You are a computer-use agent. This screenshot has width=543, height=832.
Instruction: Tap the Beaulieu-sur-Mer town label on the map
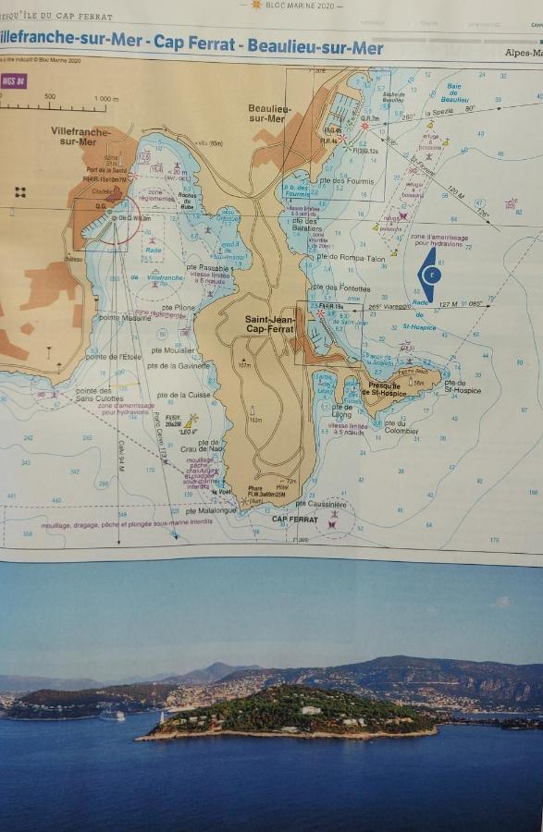[x=269, y=113]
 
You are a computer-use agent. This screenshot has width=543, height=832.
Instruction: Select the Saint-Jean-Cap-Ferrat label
[x=268, y=324]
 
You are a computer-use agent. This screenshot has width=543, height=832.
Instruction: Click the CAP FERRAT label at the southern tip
[x=294, y=519]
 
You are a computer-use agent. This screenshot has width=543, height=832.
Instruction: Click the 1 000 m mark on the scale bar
[x=106, y=99]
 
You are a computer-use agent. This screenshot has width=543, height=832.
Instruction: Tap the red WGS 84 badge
[x=14, y=81]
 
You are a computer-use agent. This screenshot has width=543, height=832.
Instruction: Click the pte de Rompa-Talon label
[x=350, y=258]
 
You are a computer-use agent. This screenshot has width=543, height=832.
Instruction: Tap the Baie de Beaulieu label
[x=455, y=93]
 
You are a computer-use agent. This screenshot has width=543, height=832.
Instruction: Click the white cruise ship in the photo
[x=112, y=715]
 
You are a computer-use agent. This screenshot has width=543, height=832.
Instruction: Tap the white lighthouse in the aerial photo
[x=160, y=716]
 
